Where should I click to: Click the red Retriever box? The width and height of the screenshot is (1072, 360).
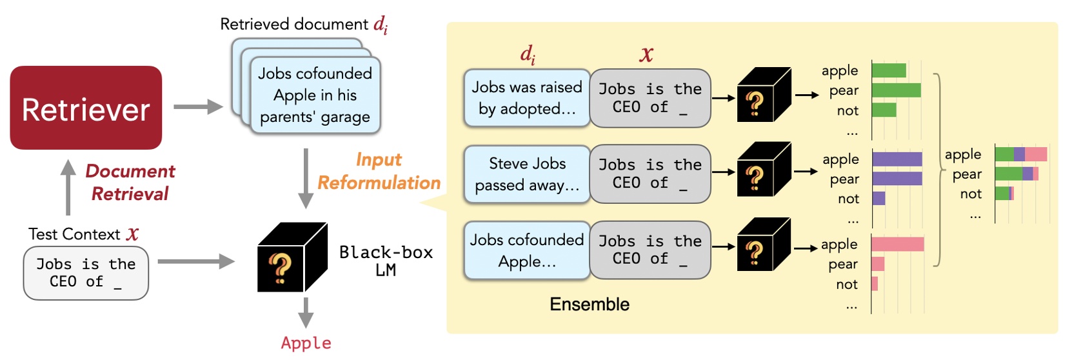[x=86, y=108]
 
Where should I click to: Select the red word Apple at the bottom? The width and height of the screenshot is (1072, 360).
[x=306, y=343]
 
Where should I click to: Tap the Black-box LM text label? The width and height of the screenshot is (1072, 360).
[x=386, y=261]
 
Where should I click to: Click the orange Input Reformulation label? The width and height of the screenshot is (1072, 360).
[x=379, y=171]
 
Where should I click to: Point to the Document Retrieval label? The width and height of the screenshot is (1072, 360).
[x=130, y=182]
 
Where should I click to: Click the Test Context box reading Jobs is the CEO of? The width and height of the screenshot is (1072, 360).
[x=86, y=274]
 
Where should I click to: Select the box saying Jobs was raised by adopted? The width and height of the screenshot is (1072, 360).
[x=526, y=98]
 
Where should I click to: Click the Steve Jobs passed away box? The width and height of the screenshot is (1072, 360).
[x=526, y=174]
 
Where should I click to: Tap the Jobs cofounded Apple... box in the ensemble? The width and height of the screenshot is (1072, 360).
[x=526, y=250]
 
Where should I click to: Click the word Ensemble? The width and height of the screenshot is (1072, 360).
[x=589, y=305]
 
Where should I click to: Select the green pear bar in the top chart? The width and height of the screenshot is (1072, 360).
[x=896, y=90]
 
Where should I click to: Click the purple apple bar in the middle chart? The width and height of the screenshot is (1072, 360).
[x=897, y=159]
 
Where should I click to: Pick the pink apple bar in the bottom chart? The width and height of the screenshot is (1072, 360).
[x=897, y=244]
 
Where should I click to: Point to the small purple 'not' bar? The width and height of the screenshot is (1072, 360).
[x=878, y=198]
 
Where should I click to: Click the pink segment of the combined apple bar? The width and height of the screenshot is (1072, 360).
[x=1036, y=154]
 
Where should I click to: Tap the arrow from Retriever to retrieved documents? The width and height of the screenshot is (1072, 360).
[x=197, y=106]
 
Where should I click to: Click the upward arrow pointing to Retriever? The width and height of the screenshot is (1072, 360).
[x=68, y=187]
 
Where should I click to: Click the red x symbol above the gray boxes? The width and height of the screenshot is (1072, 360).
[x=646, y=54]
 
